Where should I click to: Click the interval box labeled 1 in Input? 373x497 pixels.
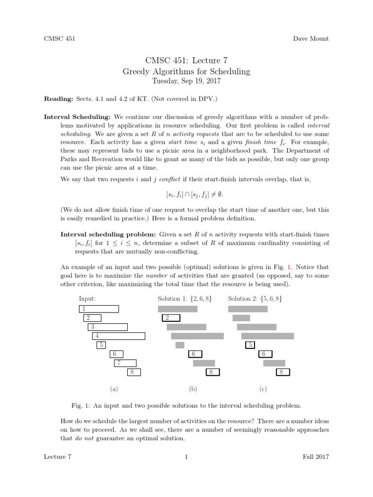[99, 309]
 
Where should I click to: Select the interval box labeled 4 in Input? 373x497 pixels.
[119, 336]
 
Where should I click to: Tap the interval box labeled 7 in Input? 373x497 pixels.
[125, 363]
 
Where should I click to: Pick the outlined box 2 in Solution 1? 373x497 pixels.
[171, 318]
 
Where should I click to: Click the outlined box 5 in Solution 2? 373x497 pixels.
[250, 345]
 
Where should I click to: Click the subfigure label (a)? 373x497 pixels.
[114, 389]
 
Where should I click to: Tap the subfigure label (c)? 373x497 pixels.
[263, 389]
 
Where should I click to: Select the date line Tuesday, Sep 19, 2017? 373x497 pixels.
[186, 81]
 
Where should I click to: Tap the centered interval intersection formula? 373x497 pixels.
[186, 194]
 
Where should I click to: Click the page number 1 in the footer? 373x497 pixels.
[186, 457]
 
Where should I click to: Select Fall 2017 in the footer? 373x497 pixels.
[315, 457]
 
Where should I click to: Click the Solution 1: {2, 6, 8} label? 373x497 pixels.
[185, 298]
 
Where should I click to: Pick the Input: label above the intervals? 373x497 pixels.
[87, 298]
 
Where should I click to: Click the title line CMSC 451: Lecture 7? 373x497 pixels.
[186, 60]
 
